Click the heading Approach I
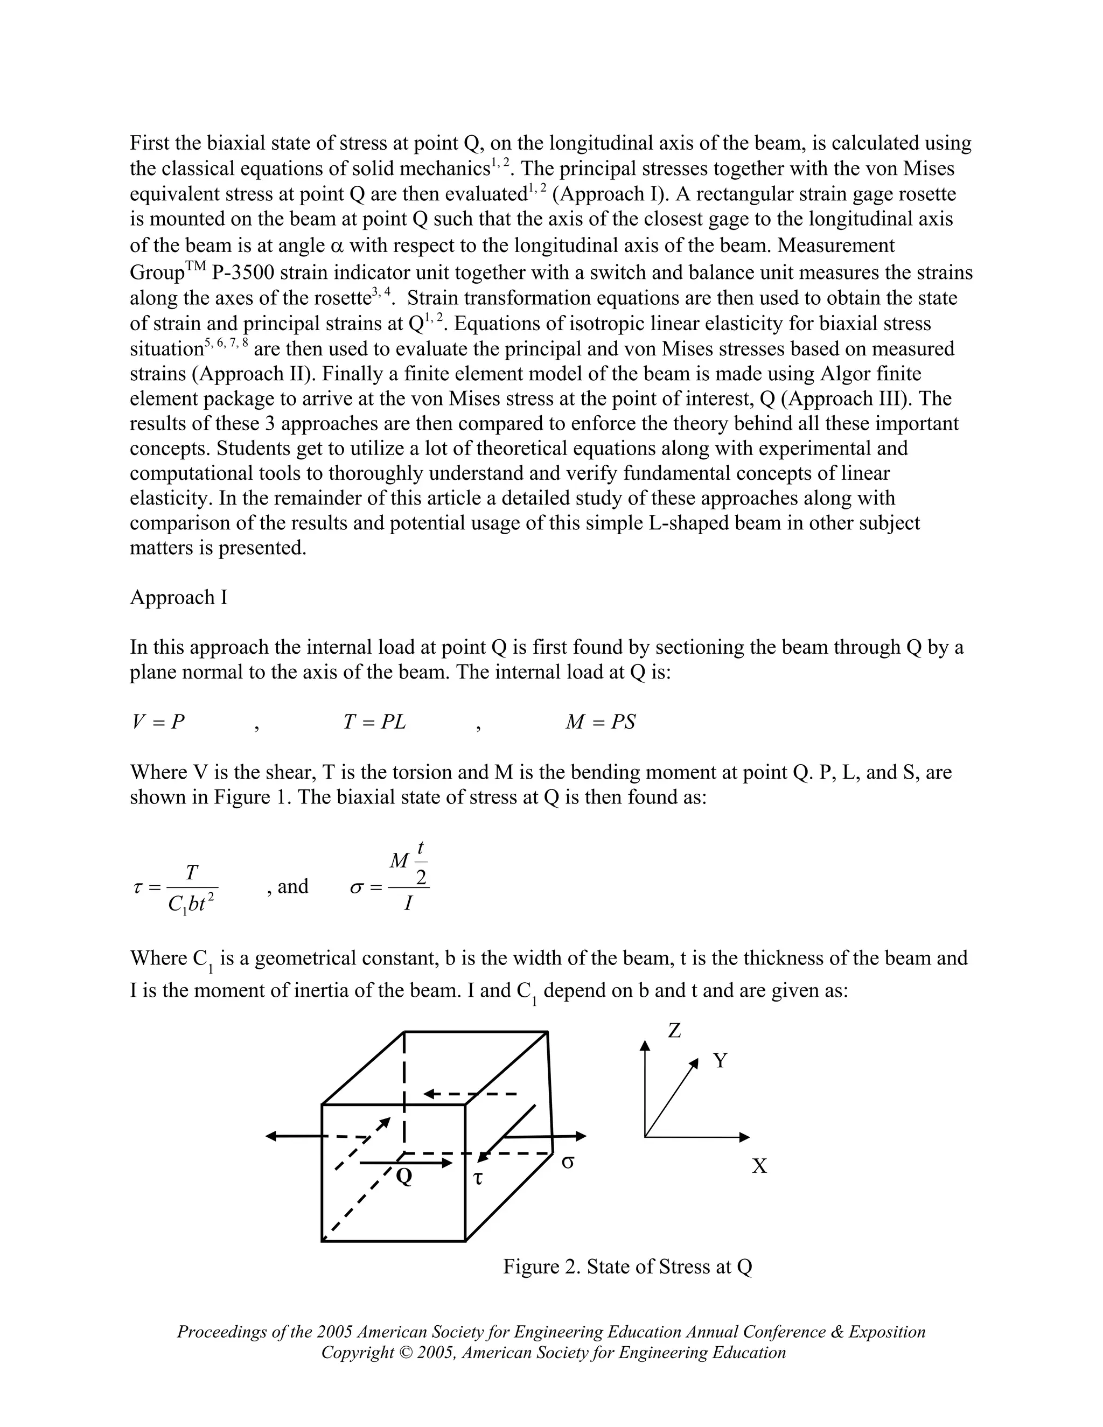(178, 597)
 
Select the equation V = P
(158, 722)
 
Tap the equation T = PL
(374, 722)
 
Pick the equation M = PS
(600, 722)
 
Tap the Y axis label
(720, 1060)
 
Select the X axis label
(759, 1166)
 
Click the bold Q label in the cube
(404, 1177)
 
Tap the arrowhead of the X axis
(744, 1137)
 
